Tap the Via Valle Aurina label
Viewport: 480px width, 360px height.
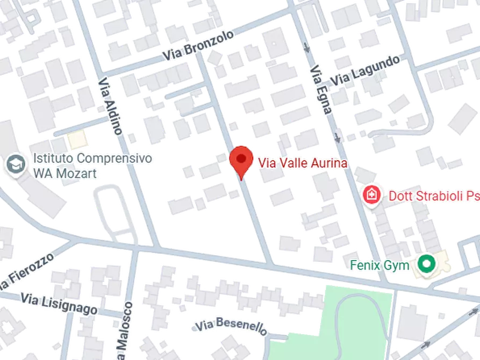point(303,162)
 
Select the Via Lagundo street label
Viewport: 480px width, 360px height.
point(366,70)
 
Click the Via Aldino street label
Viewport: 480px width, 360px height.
point(111,105)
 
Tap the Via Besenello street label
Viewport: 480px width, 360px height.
point(231,326)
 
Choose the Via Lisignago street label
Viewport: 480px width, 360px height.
point(59,304)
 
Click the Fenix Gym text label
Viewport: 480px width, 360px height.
point(379,265)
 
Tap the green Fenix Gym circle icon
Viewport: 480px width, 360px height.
point(427,264)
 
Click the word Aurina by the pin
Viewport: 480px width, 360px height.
point(328,162)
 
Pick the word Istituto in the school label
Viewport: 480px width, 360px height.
point(54,159)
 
